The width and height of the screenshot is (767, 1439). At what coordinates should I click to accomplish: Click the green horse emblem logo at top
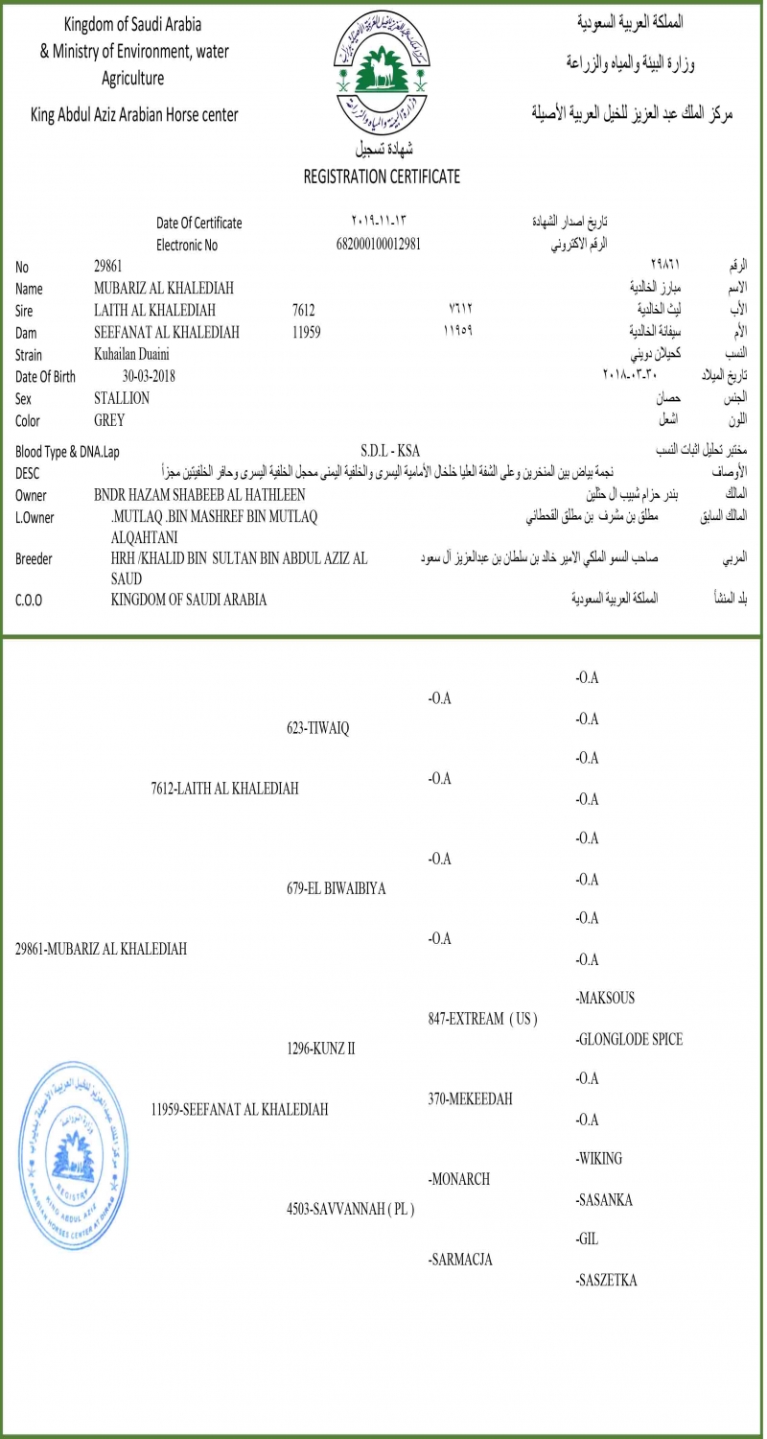coord(383,72)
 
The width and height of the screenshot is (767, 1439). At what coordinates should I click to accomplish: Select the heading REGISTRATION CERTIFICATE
coord(382,177)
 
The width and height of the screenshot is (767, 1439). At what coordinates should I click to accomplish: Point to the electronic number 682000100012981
coord(379,244)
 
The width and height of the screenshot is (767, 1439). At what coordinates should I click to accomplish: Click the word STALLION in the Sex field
coord(122,398)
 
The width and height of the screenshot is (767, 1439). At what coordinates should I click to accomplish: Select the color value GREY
coord(109,420)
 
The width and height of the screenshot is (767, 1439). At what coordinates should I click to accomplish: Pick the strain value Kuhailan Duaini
coord(131,354)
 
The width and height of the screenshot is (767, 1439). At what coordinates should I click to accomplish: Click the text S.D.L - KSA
coord(390,451)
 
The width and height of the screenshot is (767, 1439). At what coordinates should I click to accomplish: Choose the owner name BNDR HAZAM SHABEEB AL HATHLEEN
coord(199,495)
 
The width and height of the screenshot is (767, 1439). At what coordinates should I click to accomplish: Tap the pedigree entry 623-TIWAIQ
coord(318,728)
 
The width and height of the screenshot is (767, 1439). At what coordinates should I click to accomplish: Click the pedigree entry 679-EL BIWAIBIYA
coord(337,888)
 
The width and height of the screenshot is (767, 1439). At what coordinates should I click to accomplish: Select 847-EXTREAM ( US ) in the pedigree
coord(482,1019)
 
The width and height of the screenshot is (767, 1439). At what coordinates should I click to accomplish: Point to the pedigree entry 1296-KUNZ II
coord(321,1049)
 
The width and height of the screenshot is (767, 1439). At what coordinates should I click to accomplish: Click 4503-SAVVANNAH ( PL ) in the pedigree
coord(351,1209)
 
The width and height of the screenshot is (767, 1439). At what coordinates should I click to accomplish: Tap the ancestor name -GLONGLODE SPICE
coord(629,1039)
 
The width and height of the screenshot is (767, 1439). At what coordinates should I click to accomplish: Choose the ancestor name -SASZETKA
coord(607,1280)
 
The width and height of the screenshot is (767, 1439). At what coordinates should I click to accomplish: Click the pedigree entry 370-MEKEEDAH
coord(470,1099)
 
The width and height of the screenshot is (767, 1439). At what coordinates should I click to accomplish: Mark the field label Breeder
coord(34,558)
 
